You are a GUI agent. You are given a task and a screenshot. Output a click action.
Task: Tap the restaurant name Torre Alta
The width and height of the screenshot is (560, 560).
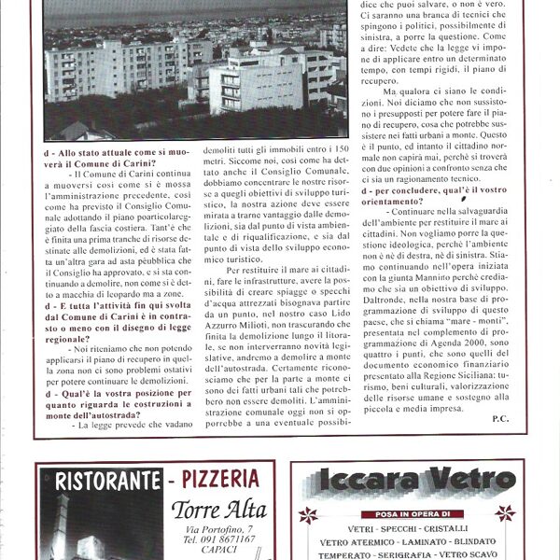tap(218, 510)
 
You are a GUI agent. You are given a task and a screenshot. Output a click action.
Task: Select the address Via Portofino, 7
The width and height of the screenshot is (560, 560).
tap(217, 529)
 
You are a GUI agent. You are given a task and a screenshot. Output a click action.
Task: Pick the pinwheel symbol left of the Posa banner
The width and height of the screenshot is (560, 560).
tap(308, 514)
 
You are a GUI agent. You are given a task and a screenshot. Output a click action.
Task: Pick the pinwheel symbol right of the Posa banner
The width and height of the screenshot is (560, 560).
tap(506, 512)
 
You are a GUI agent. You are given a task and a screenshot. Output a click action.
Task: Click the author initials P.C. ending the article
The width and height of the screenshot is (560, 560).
tap(502, 419)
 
